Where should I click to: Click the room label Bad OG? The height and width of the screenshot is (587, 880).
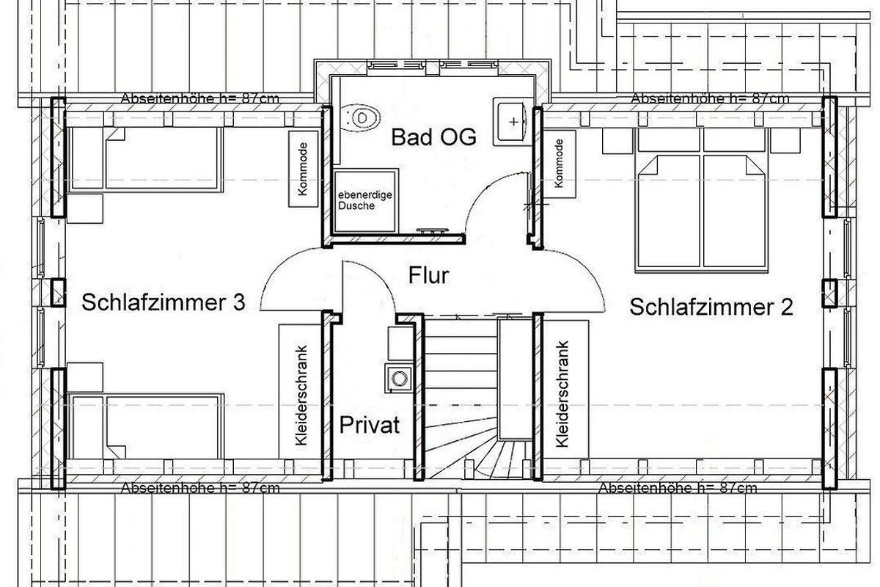click(x=433, y=137)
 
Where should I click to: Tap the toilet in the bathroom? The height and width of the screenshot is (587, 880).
click(x=359, y=118)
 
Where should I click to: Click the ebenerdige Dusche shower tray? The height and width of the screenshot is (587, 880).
click(x=365, y=200)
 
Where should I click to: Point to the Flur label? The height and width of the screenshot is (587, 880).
click(x=428, y=275)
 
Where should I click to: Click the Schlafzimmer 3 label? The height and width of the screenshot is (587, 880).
click(x=164, y=303)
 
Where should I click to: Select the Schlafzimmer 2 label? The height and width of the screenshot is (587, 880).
click(x=711, y=307)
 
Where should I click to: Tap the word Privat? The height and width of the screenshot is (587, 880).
click(x=370, y=425)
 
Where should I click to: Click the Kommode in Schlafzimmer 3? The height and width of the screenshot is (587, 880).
click(x=304, y=169)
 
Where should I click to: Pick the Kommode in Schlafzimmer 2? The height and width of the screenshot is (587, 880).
click(x=559, y=164)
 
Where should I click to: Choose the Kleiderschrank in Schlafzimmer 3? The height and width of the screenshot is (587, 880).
click(x=301, y=391)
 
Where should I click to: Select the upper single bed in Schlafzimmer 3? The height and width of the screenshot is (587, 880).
click(x=145, y=160)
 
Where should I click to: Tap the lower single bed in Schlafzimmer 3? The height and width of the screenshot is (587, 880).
click(x=145, y=426)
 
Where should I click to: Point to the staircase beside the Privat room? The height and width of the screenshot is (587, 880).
click(x=478, y=397)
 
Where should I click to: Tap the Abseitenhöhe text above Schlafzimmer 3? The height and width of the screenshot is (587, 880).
click(x=200, y=98)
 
